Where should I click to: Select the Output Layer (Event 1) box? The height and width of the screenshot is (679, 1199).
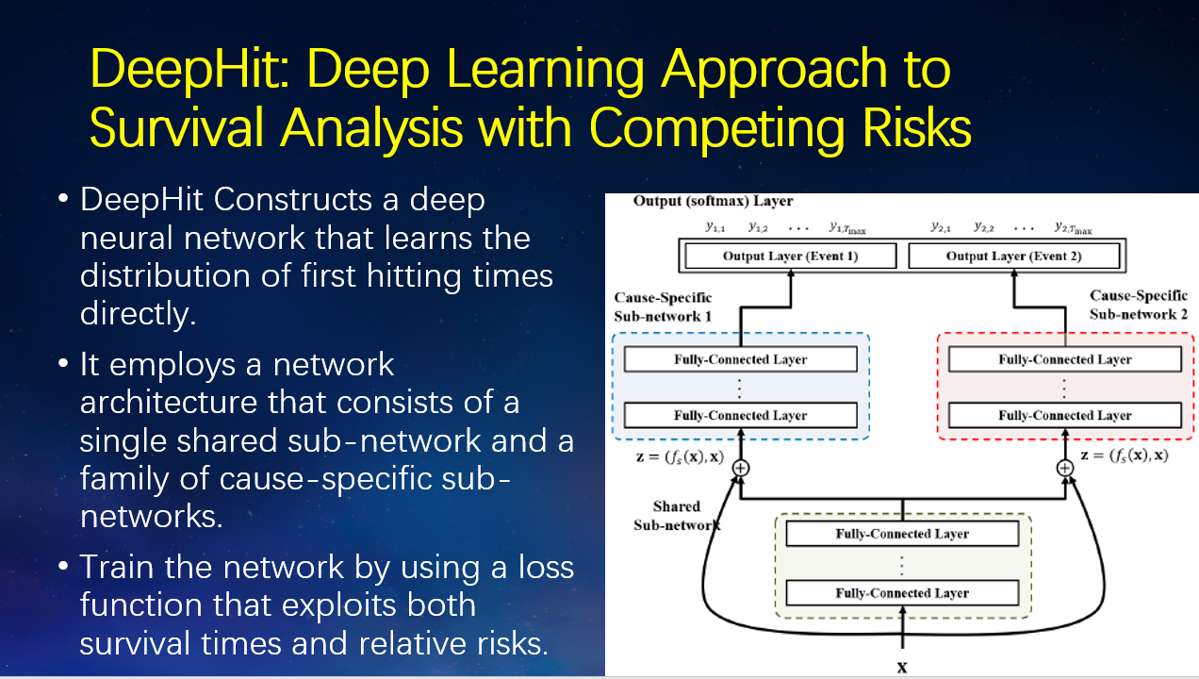(790, 256)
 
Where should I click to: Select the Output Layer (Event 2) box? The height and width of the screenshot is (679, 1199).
(1013, 256)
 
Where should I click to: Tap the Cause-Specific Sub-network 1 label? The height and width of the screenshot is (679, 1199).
(663, 306)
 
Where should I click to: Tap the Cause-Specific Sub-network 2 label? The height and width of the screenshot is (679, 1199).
(1139, 306)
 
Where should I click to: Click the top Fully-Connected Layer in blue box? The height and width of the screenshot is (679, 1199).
(740, 359)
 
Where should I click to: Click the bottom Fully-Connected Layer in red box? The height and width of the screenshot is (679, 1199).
(1064, 415)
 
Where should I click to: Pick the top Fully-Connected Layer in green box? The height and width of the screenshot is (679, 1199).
(902, 534)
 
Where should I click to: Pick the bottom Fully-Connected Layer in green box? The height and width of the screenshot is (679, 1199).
(902, 593)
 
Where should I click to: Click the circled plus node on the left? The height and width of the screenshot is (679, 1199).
(741, 468)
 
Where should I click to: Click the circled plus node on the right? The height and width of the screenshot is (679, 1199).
(1065, 468)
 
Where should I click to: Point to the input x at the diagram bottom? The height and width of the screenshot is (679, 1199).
(902, 667)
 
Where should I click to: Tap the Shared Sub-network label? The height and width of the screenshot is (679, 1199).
(676, 515)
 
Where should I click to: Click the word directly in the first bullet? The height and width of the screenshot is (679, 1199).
(138, 312)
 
